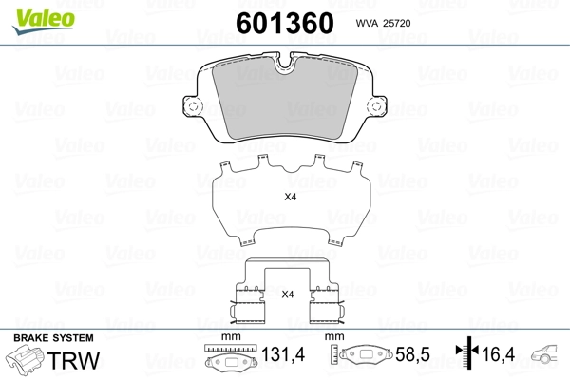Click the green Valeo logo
[44, 21]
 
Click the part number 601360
[285, 23]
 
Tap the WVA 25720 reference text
[383, 23]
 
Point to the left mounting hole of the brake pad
[194, 106]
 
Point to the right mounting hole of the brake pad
[376, 106]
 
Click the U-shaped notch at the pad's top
[285, 63]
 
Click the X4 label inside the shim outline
[291, 197]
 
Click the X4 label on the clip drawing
[288, 294]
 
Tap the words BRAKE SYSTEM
[53, 338]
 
